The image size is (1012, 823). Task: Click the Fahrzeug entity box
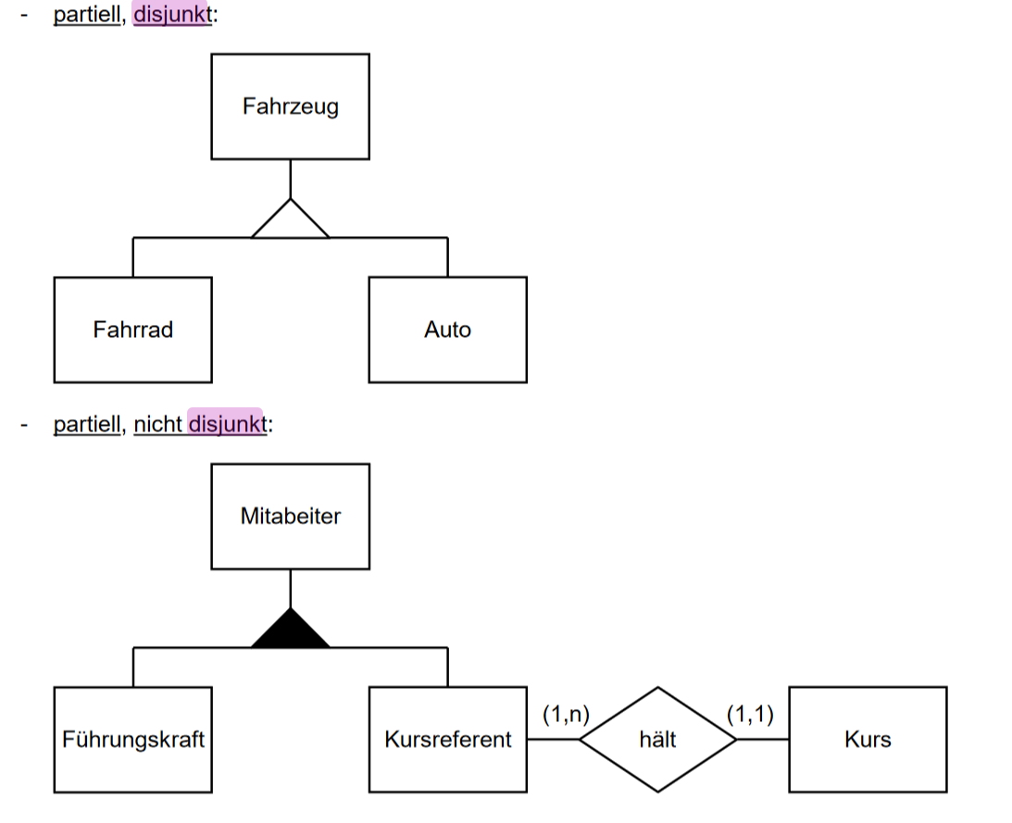pyautogui.click(x=290, y=106)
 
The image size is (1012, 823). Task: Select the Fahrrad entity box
pyautogui.click(x=132, y=330)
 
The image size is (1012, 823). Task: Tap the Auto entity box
pyautogui.click(x=447, y=330)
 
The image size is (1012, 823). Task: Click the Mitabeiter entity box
pyautogui.click(x=290, y=516)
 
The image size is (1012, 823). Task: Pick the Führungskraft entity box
pyautogui.click(x=132, y=740)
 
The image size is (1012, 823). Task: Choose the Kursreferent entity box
pyautogui.click(x=447, y=740)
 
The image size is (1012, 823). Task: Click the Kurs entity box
pyautogui.click(x=868, y=740)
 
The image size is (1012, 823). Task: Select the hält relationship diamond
pyautogui.click(x=657, y=740)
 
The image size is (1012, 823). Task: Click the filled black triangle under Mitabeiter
pyautogui.click(x=291, y=631)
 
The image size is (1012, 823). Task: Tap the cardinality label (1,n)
pyautogui.click(x=566, y=714)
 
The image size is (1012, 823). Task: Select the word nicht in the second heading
pyautogui.click(x=157, y=425)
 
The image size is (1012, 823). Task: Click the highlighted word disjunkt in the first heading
pyautogui.click(x=172, y=16)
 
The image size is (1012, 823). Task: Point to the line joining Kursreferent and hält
pyautogui.click(x=553, y=740)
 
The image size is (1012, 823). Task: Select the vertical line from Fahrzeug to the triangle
pyautogui.click(x=291, y=178)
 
